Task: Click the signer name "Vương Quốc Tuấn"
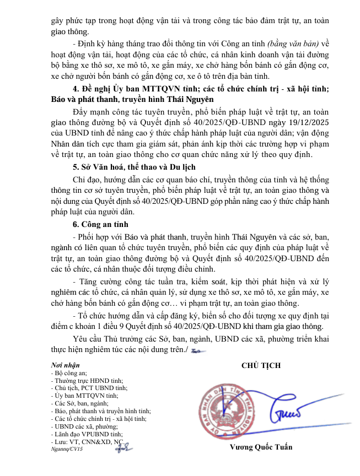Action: (x=261, y=447)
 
